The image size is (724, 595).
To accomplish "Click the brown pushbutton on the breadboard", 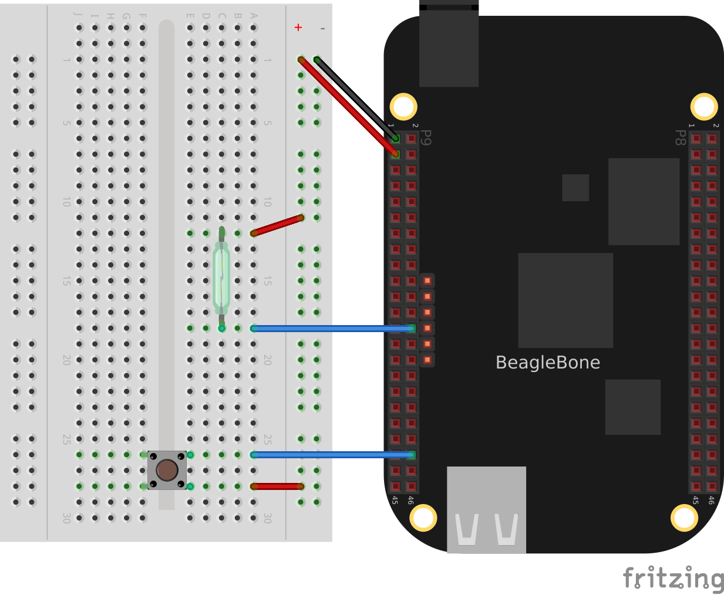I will (x=167, y=470).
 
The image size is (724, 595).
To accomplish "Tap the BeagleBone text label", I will (x=547, y=363).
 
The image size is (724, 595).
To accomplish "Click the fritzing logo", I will (x=673, y=579).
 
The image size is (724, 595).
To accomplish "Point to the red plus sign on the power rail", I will (x=298, y=28).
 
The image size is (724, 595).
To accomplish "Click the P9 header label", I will (x=427, y=137).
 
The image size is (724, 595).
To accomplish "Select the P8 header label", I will (x=680, y=137).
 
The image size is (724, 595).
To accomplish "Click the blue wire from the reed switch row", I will (x=332, y=329).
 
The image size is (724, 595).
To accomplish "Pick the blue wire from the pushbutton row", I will (x=332, y=455).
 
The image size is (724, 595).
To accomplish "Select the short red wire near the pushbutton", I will (x=277, y=486).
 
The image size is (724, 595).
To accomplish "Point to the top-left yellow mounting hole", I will (x=403, y=107).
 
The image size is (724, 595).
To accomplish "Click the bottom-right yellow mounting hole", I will (x=684, y=518).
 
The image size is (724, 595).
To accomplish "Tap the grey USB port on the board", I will (x=486, y=509).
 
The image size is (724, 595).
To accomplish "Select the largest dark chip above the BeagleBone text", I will (x=565, y=300).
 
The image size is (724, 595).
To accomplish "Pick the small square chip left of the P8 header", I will (x=575, y=188).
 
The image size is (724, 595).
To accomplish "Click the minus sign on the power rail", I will (x=322, y=28).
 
